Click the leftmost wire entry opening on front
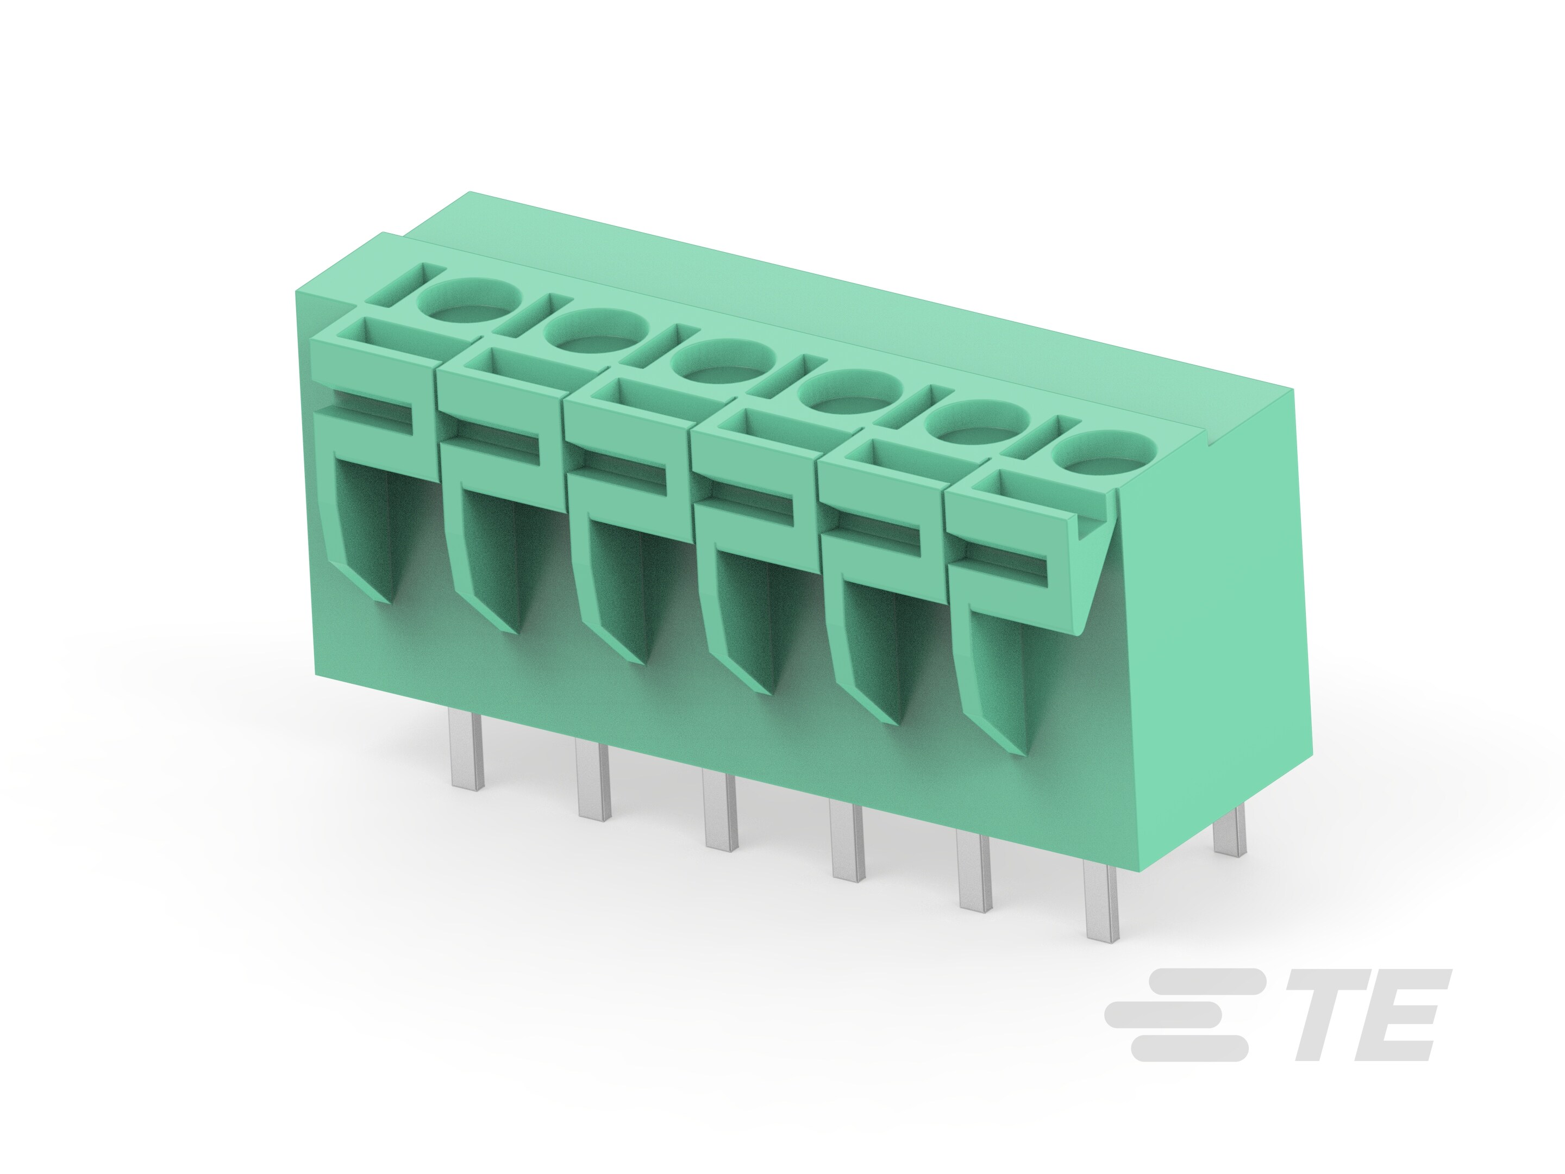(x=368, y=523)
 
